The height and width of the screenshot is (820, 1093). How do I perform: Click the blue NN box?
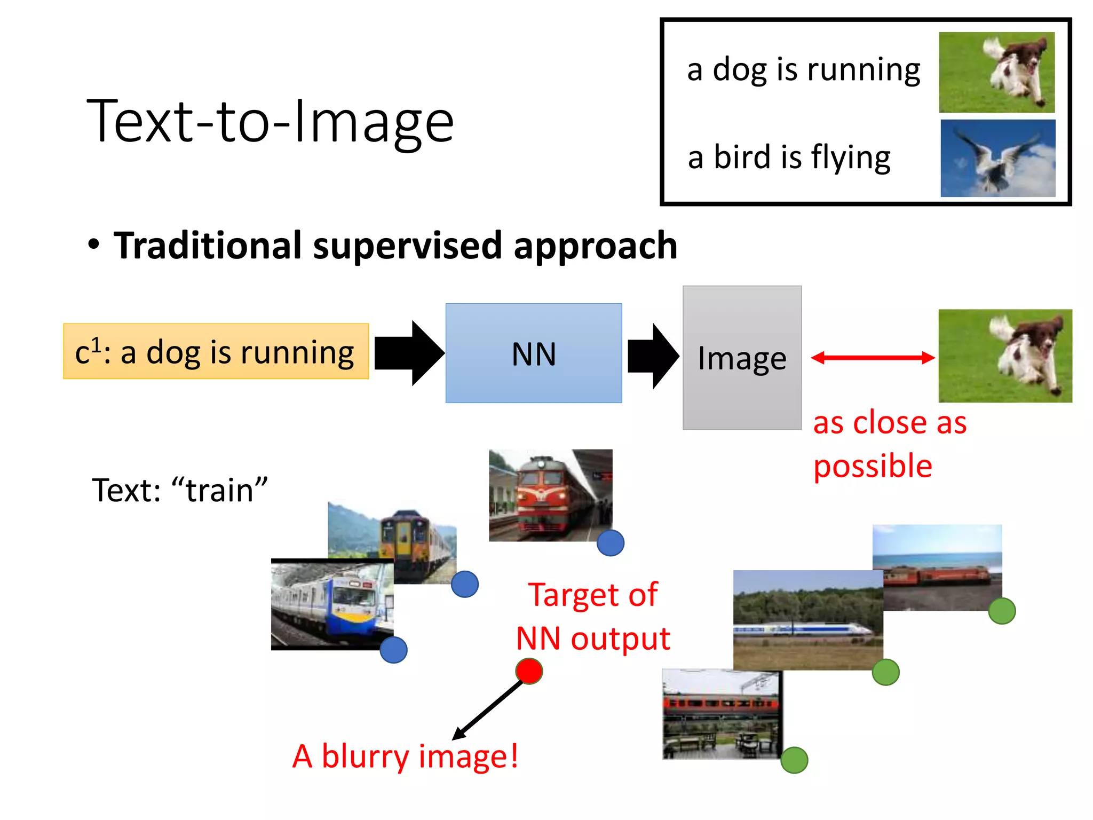(x=533, y=353)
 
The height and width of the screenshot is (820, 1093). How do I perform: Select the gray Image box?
(x=741, y=358)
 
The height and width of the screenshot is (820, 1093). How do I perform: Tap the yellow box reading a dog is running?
(x=216, y=351)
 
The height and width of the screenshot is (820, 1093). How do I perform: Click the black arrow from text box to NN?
(x=409, y=353)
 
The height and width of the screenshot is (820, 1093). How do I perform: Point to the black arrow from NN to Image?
(x=652, y=356)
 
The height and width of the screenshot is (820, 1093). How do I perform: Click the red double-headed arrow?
(x=872, y=358)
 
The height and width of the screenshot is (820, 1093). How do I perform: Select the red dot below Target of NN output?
(x=529, y=671)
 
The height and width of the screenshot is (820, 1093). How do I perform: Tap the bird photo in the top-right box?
(x=997, y=158)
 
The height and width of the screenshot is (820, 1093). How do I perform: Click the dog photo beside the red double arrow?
(x=1004, y=356)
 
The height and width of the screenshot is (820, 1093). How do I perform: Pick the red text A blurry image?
(x=405, y=756)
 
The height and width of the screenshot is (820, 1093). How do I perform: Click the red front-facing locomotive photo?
(x=550, y=495)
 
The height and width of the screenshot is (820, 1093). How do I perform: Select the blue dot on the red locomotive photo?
(x=610, y=543)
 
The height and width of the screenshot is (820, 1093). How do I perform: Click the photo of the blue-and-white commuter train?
(x=332, y=604)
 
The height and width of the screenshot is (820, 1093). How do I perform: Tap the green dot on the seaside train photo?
(x=1001, y=611)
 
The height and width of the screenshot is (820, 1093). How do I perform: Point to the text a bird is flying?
(x=789, y=157)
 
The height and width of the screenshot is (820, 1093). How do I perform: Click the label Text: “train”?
(x=179, y=490)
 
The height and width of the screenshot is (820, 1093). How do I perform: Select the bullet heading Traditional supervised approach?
(x=395, y=246)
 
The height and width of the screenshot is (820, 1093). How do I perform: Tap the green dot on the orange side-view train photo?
(x=794, y=760)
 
